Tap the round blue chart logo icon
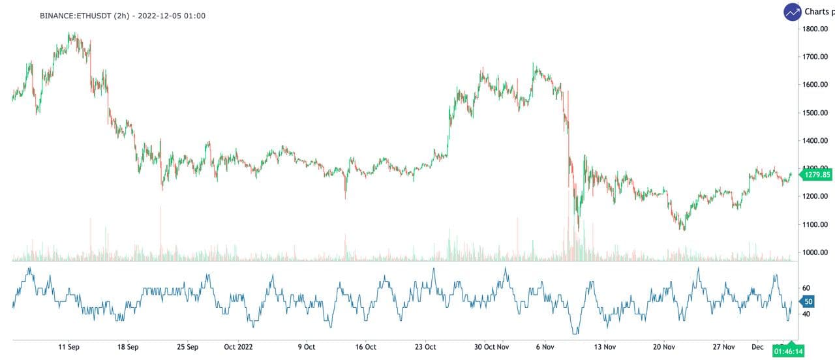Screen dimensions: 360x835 793,12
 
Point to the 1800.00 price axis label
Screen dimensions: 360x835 815,29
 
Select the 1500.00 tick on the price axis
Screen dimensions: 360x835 815,113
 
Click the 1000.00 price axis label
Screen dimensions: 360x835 815,252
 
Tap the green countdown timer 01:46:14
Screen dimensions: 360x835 788,351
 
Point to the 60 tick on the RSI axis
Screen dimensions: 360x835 806,288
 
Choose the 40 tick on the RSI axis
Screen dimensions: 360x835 806,314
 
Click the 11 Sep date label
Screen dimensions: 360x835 69,347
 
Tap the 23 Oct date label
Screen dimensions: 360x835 426,347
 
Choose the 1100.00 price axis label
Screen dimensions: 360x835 815,224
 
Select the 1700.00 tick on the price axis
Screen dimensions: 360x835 815,57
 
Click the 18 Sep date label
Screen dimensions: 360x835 128,347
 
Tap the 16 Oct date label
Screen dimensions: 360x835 365,347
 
